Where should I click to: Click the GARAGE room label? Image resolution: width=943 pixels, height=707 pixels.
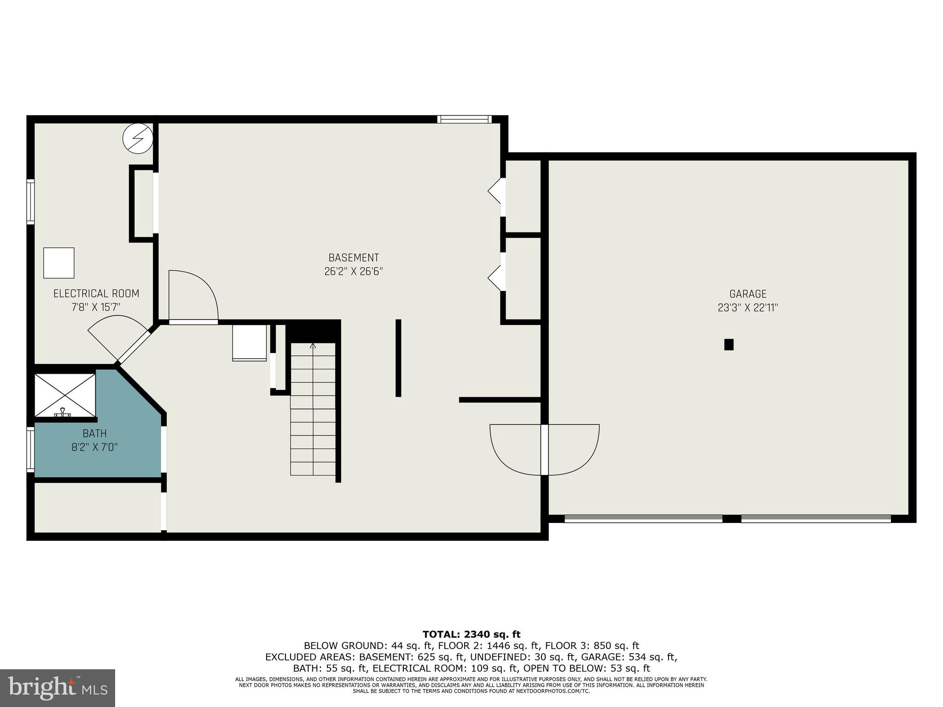pos(748,294)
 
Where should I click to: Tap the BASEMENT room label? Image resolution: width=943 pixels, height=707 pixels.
pos(353,258)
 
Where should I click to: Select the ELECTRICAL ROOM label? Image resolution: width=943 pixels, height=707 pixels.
pos(96,294)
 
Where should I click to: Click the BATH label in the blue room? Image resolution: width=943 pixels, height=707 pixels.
pos(94,434)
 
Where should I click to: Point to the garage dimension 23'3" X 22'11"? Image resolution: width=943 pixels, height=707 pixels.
pos(748,307)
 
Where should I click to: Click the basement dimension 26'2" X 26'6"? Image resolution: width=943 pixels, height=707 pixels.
pos(353,272)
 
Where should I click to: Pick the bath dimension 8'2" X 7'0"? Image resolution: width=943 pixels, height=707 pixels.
pos(94,447)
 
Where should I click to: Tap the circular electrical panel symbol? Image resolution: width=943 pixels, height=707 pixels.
pos(138,138)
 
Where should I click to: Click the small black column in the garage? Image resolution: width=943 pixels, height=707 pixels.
pos(728,344)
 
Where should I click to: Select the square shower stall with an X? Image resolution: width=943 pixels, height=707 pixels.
pos(65,395)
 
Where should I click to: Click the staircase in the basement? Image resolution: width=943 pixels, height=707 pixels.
pos(313,410)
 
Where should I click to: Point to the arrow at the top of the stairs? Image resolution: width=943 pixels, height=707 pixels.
pos(313,345)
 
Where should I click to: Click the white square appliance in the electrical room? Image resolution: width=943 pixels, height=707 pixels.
pos(59,263)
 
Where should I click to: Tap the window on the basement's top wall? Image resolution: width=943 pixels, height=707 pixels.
pos(464,119)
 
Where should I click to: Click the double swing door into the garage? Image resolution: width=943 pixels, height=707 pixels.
pos(545,449)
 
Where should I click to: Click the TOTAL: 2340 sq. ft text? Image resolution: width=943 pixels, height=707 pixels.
pos(471,635)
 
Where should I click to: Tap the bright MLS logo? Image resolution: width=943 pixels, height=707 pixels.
pos(57,688)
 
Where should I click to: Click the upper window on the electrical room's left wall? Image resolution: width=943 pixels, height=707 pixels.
pos(30,202)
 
